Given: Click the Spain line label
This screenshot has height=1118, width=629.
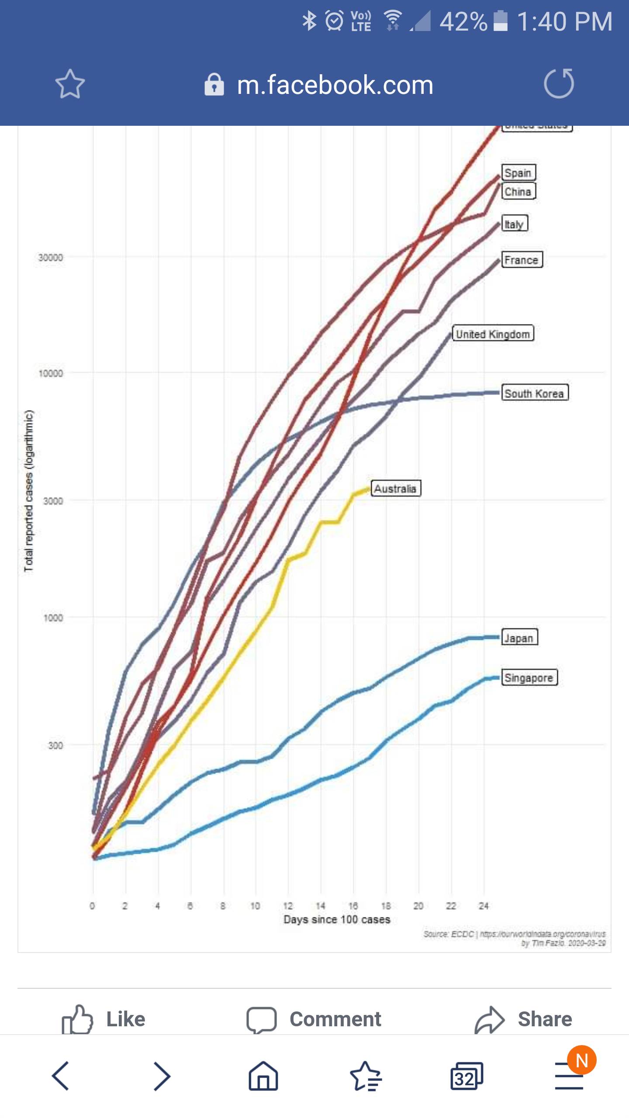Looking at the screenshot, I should [518, 173].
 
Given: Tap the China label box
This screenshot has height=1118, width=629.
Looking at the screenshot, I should [518, 191].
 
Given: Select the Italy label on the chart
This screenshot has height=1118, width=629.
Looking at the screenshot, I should [515, 224].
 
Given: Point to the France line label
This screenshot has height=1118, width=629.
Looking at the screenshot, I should [522, 260].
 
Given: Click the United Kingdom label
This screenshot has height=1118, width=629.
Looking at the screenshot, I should [493, 334].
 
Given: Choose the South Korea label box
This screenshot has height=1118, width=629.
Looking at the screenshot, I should [535, 393].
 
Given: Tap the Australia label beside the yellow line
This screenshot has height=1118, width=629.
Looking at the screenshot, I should [396, 488].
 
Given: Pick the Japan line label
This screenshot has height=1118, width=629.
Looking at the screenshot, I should [519, 638].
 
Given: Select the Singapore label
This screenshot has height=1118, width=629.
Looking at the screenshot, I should [529, 677].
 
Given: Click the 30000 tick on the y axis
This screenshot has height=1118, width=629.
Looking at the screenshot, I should [51, 257].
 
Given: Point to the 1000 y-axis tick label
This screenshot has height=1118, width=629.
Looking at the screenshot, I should [53, 618].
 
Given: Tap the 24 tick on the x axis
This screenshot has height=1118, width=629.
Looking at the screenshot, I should [484, 906].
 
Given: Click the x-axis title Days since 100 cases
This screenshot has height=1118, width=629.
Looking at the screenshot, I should [337, 919].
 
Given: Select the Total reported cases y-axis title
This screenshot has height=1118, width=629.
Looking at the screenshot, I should [29, 491].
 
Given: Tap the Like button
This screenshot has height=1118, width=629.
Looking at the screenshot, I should [104, 1019].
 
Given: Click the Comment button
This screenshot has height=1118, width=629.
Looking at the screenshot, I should [314, 1019].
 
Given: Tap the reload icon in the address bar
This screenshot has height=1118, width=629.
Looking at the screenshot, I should [559, 83].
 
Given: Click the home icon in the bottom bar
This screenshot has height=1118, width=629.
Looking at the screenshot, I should [263, 1076].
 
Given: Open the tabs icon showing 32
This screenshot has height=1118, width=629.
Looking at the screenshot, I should [467, 1076].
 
